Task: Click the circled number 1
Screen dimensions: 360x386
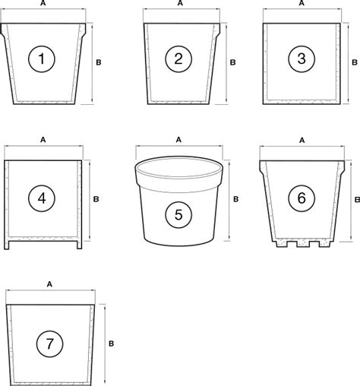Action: tap(41, 59)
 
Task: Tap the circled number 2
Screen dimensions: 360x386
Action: tap(178, 59)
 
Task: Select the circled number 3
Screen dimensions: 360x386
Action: tap(302, 59)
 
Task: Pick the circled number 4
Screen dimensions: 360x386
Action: tap(42, 198)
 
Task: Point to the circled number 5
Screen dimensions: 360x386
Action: tap(178, 215)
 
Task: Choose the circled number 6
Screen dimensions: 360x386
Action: tap(302, 198)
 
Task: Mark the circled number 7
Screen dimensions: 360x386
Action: tap(49, 344)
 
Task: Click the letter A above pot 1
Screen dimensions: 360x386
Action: tap(43, 3)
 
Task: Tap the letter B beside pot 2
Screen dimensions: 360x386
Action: tap(232, 62)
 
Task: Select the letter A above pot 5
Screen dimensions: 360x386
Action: tap(178, 140)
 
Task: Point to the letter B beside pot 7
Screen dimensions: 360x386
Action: tap(111, 343)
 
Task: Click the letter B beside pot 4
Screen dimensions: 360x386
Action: tap(96, 199)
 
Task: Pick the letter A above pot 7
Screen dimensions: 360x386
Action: tap(49, 284)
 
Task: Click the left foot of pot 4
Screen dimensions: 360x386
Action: tap(7, 245)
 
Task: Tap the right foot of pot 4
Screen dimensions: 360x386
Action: tap(80, 245)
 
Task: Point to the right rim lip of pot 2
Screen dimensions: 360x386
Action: tap(217, 30)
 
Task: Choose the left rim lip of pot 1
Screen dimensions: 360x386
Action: tap(3, 30)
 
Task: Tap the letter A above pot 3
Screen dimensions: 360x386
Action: tap(302, 3)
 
